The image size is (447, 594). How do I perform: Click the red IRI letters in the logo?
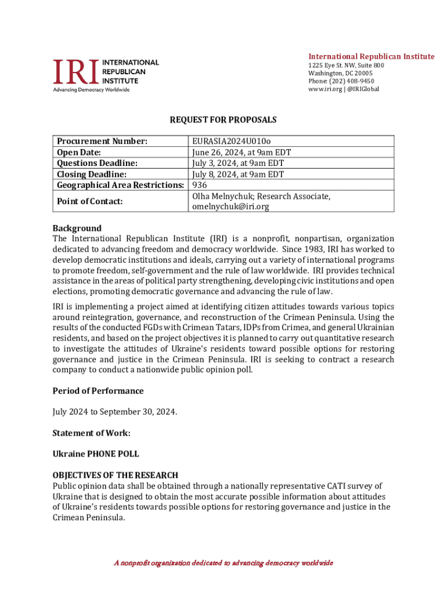click(76, 71)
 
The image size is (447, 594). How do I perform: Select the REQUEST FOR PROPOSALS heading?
click(223, 120)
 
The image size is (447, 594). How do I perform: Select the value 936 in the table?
click(200, 185)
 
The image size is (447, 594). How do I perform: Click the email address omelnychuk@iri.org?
click(230, 207)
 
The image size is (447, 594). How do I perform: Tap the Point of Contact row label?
click(89, 201)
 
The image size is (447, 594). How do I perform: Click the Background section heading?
click(77, 228)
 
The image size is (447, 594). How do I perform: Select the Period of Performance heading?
click(98, 391)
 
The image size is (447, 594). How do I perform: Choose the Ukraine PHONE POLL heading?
click(95, 454)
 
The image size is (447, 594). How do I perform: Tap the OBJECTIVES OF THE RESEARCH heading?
click(115, 475)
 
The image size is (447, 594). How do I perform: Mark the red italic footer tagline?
click(223, 563)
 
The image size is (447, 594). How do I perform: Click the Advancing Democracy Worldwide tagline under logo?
click(91, 89)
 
